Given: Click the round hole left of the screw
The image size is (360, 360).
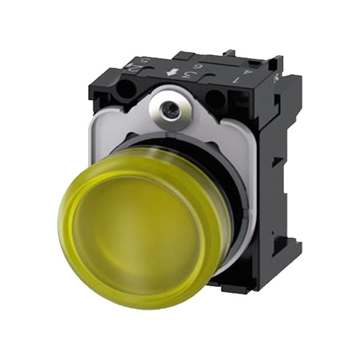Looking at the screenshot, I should [128, 91].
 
